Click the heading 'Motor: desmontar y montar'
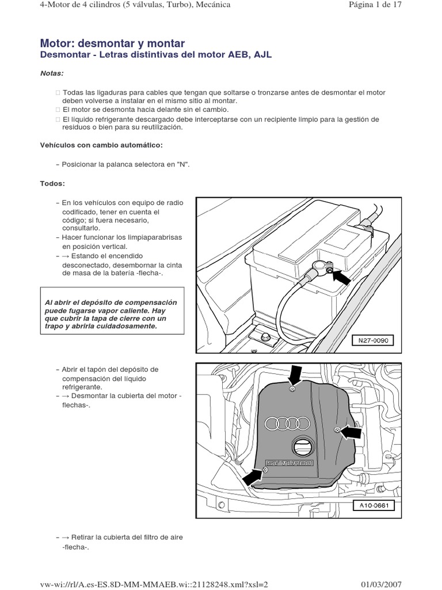coord(112,44)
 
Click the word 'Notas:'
coord(52,74)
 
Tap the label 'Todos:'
coord(52,183)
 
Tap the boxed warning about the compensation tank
coord(112,314)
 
